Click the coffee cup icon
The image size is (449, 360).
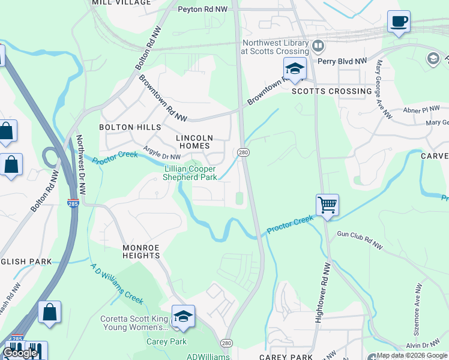click(399, 22)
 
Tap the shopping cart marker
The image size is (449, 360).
click(327, 205)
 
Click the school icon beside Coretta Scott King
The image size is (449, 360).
click(183, 317)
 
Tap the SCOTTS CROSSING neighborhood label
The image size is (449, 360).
click(331, 91)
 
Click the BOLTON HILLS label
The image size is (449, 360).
click(130, 127)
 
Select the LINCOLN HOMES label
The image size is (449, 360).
click(193, 142)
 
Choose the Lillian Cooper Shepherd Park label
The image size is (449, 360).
click(191, 173)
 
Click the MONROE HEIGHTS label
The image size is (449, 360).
click(142, 251)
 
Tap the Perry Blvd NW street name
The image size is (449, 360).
click(342, 61)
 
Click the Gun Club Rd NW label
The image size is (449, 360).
click(359, 233)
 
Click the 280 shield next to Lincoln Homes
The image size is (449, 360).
click(243, 152)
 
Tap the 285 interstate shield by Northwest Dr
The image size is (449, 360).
click(73, 203)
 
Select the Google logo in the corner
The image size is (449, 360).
click(20, 353)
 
